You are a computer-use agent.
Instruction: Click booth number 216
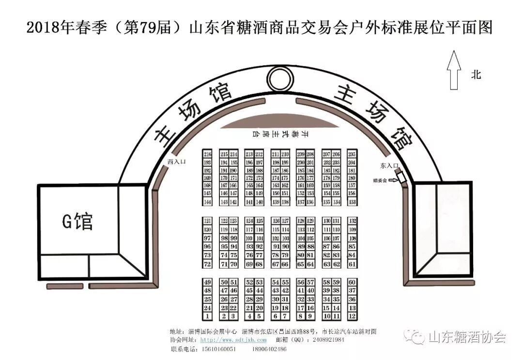coord(208,154)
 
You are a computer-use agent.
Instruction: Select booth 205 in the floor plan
coord(352,154)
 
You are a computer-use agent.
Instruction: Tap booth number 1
coord(208,316)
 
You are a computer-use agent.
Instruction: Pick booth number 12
coord(352,316)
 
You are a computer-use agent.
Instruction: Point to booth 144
coord(208,202)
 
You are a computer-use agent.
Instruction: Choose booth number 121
coord(208,221)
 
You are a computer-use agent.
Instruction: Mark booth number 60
coord(352,282)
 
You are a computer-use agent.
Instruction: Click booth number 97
coord(208,238)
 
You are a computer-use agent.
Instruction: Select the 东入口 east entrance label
coord(389,165)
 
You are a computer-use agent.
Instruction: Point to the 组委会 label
coord(380,180)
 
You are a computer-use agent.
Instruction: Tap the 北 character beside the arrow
coord(477,75)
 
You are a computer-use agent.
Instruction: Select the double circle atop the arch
coord(279,77)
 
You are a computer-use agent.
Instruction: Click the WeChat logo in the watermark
coord(415,336)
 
